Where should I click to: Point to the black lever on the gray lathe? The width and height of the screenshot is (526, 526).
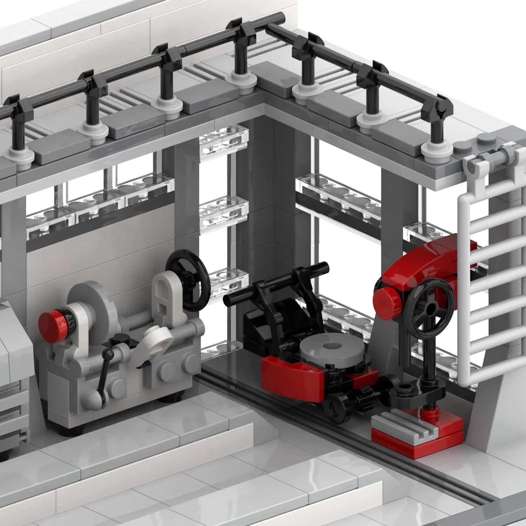click(103, 372)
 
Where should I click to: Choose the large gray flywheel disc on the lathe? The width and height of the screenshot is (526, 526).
click(93, 305)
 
